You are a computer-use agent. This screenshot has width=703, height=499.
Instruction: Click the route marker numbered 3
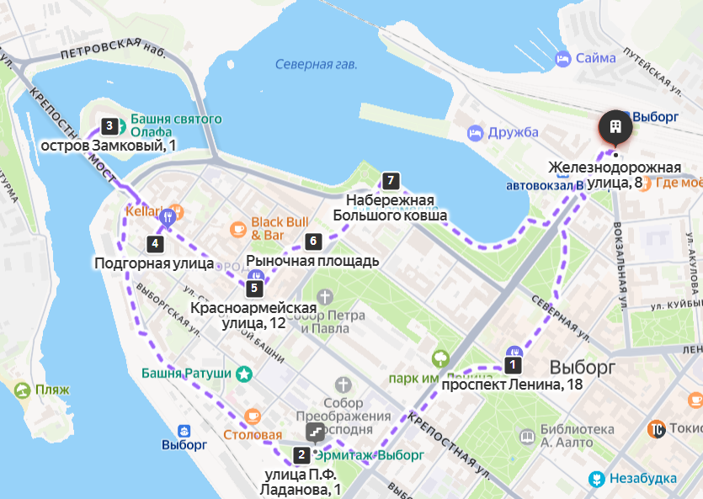pos(108,127)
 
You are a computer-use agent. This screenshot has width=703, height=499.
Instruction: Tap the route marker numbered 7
pos(388,179)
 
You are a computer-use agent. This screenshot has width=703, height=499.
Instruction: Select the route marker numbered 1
pos(512,365)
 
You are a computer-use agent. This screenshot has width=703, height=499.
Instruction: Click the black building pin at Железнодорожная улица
pos(615,127)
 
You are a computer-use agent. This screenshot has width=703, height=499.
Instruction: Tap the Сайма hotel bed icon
pos(562,58)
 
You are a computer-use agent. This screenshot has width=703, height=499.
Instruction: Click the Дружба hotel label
pos(512,132)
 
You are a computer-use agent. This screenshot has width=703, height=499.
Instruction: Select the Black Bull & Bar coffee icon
pos(237,228)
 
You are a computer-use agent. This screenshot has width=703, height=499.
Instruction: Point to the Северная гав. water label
pos(316,65)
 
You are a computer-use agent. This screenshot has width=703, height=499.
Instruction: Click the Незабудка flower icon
pos(597,479)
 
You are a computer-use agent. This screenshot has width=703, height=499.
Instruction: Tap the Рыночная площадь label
pos(312,261)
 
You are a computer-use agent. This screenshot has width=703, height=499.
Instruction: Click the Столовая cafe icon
pos(253,417)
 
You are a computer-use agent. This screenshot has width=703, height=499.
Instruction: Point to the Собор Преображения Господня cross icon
pos(343,385)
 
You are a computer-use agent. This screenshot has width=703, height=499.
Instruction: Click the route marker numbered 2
pos(301,455)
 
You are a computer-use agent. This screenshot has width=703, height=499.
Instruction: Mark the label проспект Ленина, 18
pos(512,385)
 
